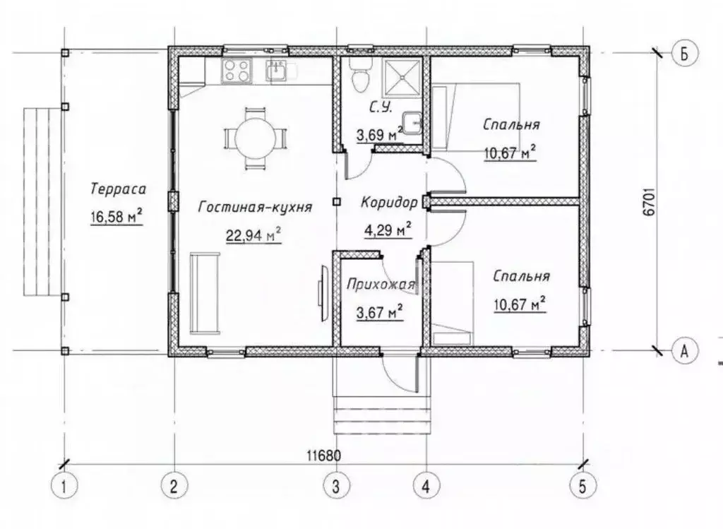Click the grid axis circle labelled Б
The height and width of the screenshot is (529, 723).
pos(685,53)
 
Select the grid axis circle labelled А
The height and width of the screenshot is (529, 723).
pos(685,351)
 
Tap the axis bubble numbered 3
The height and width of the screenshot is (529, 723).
pos(335,486)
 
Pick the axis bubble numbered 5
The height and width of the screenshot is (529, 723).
pos(582,486)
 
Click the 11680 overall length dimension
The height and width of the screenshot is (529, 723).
pos(324,456)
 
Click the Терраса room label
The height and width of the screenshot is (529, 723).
pos(119,189)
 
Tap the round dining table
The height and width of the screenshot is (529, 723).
pos(255,138)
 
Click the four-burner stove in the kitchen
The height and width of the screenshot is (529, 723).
pos(237,71)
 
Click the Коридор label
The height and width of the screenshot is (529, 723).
pos(389,202)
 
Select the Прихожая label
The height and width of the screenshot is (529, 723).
pos(381,284)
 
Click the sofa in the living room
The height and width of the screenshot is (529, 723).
pos(205,292)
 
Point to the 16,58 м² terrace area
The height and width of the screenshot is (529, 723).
pos(116,216)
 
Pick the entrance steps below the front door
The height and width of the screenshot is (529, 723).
pos(381,411)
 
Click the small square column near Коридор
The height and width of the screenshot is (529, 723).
pos(337,201)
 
